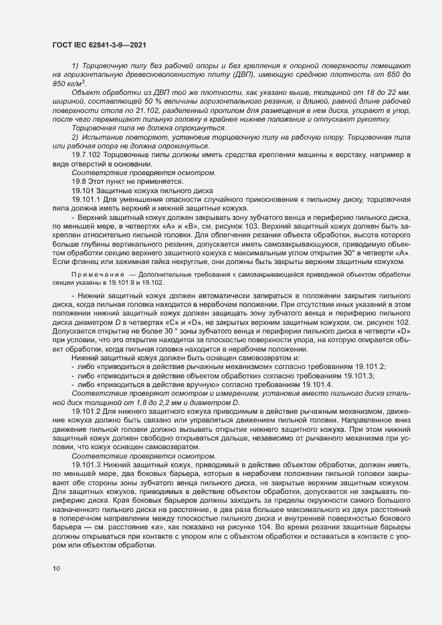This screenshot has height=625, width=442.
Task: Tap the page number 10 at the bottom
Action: tap(56, 568)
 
